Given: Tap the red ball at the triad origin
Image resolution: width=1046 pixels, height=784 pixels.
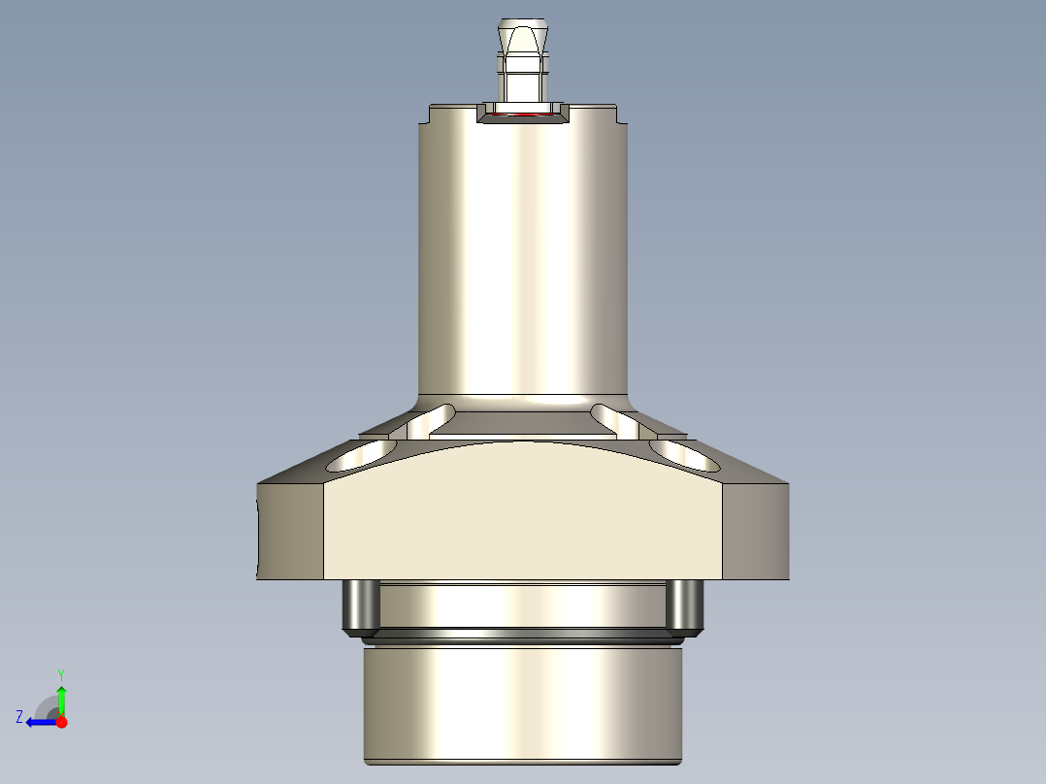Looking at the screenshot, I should pyautogui.click(x=61, y=722).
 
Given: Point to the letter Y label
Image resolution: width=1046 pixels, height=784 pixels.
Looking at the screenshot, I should pyautogui.click(x=60, y=673).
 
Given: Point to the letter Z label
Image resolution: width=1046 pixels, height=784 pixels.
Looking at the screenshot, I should pyautogui.click(x=19, y=717).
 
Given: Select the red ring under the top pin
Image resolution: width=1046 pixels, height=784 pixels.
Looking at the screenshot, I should pyautogui.click(x=524, y=114).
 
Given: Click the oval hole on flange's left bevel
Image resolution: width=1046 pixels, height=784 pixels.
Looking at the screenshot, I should pyautogui.click(x=361, y=454).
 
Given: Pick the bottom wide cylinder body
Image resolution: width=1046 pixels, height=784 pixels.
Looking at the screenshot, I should pyautogui.click(x=524, y=703).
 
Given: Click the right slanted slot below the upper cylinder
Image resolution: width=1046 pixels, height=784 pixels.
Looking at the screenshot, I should pyautogui.click(x=615, y=420).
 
